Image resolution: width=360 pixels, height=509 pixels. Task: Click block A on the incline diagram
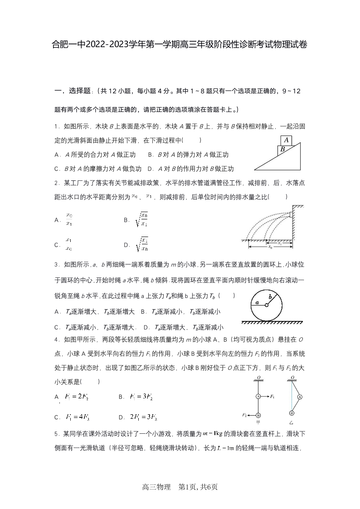pos(286,140)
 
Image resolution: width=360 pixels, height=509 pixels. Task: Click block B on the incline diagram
pos(282,149)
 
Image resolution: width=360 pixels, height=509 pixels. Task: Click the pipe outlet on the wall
pos(290,213)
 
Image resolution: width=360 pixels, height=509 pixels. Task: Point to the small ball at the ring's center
pos(267,305)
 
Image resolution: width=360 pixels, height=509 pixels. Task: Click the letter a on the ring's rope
pos(257,302)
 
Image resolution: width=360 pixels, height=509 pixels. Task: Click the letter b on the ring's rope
pos(271,297)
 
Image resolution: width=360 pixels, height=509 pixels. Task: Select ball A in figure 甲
pos(258,396)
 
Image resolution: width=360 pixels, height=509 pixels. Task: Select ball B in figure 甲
pos(258,415)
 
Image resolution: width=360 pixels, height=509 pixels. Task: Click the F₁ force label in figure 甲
pos(272,396)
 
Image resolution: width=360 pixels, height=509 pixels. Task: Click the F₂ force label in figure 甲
pos(244,415)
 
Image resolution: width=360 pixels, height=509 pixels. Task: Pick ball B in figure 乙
pos(292,413)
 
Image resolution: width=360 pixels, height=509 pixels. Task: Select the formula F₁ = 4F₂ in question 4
pos(80,417)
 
